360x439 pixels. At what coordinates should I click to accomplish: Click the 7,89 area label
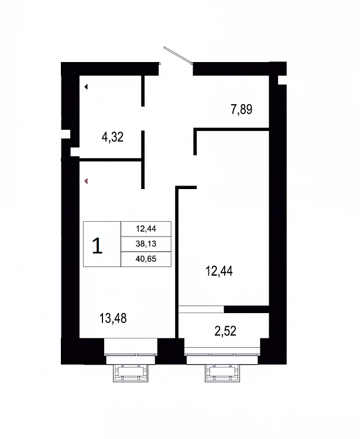coord(241,109)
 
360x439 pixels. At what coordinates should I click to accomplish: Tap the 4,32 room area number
coord(112,137)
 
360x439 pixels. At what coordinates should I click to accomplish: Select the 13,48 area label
coord(113,318)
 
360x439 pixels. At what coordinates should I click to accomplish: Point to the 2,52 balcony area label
coord(225,331)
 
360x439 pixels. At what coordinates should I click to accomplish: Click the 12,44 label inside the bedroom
coord(219,271)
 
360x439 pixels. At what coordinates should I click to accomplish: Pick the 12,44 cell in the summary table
coord(146,229)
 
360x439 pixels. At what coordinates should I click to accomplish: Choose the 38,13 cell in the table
coord(146,244)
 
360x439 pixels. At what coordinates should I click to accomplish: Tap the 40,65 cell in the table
coord(146,259)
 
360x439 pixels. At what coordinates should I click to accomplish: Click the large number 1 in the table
coord(97,245)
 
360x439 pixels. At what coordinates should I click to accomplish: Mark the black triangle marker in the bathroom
coord(86,87)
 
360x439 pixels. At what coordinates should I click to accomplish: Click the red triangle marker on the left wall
coord(86,181)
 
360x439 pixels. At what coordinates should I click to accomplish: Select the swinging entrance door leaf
coord(178,55)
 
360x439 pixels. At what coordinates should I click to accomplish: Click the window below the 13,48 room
coord(131,351)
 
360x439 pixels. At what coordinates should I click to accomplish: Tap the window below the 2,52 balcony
coord(222,355)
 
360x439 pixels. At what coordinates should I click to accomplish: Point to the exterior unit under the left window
coord(131,373)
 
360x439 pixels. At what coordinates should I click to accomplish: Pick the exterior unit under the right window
coord(222,373)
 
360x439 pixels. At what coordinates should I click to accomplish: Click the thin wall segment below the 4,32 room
coord(111,160)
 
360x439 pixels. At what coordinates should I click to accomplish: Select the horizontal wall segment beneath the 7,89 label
coord(231,129)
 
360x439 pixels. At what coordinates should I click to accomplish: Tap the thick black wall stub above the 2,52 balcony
coord(246,309)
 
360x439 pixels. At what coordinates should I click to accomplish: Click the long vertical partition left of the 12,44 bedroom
coord(177,262)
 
